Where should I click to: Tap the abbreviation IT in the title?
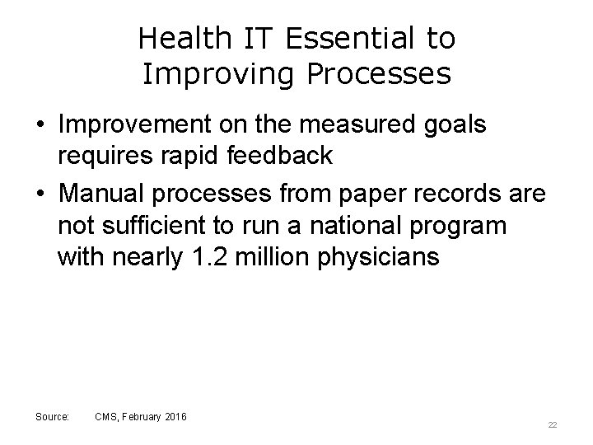pyautogui.click(x=250, y=38)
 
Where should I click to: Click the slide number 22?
pyautogui.click(x=553, y=424)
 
